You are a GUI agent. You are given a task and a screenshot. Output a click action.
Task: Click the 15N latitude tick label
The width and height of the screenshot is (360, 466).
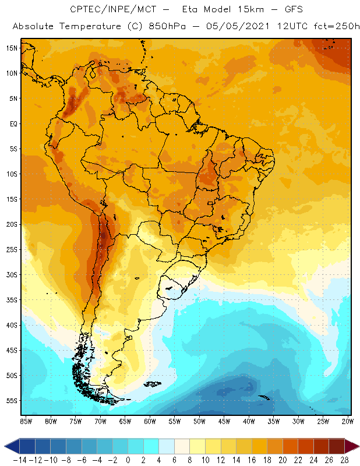click(x=12, y=48)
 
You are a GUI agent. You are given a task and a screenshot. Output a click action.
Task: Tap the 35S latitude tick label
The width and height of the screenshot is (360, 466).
click(x=12, y=299)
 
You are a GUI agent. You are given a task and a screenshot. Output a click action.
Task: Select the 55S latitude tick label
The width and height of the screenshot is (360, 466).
click(x=12, y=400)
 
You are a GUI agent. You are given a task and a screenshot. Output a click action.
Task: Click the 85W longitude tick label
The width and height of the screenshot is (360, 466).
click(x=26, y=421)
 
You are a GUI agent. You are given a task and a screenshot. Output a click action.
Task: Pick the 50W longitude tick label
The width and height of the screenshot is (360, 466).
click(x=200, y=421)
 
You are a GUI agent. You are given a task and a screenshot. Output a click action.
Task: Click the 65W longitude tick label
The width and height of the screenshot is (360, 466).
click(x=125, y=421)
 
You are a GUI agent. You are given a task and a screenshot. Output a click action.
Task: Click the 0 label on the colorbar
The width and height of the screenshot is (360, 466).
click(x=128, y=460)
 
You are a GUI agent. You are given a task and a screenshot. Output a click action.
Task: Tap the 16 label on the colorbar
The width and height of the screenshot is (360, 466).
click(x=250, y=460)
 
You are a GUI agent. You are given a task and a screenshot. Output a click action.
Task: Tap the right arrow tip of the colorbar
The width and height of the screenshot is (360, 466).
click(x=355, y=446)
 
